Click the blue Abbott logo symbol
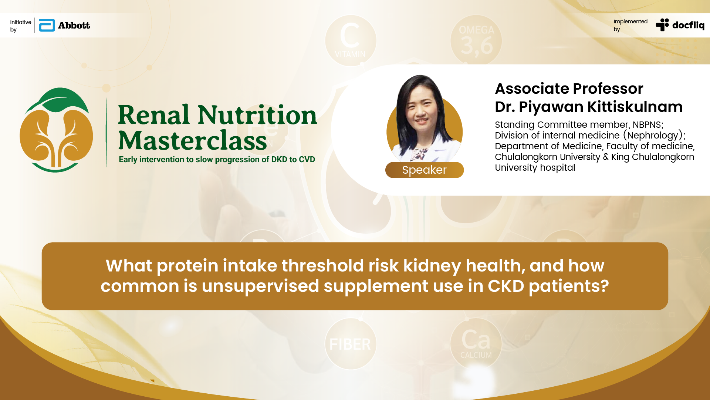(47, 25)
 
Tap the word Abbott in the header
(74, 25)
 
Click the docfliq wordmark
(688, 25)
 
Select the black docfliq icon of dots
(662, 25)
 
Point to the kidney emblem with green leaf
(56, 130)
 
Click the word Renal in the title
(154, 115)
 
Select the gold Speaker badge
(425, 170)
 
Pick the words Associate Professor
(569, 89)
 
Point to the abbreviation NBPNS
(647, 125)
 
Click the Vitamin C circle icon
(351, 40)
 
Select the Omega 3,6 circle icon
(476, 40)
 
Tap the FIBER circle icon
(351, 344)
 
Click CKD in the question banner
(506, 286)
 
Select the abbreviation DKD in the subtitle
(279, 160)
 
